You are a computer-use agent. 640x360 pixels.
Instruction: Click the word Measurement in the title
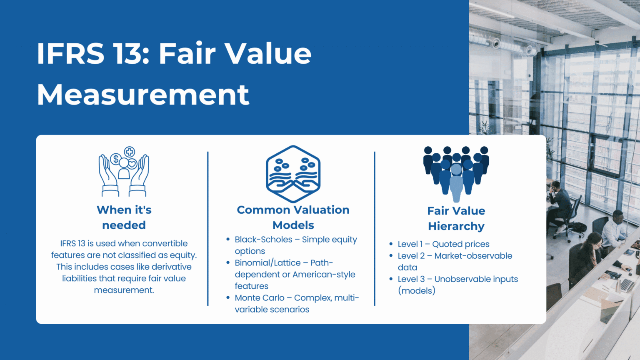pyautogui.click(x=143, y=95)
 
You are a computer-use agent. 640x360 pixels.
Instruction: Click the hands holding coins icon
pyautogui.click(x=124, y=171)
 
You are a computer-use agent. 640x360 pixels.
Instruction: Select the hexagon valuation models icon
pyautogui.click(x=293, y=174)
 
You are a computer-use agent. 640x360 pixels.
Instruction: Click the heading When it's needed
pyautogui.click(x=124, y=217)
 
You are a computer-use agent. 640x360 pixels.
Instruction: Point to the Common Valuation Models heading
pyautogui.click(x=293, y=217)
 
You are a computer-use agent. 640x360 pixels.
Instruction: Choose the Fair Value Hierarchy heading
pyautogui.click(x=456, y=218)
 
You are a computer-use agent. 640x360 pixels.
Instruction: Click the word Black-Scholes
pyautogui.click(x=263, y=240)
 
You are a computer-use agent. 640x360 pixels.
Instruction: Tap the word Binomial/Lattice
pyautogui.click(x=267, y=263)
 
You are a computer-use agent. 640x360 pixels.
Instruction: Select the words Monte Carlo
pyautogui.click(x=259, y=298)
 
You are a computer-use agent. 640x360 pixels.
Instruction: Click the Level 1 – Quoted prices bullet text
pyautogui.click(x=443, y=244)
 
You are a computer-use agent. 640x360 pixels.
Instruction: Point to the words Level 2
pyautogui.click(x=411, y=256)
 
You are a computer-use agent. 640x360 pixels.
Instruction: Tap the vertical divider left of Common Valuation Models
pyautogui.click(x=207, y=229)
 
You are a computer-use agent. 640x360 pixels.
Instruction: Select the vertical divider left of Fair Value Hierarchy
pyautogui.click(x=375, y=229)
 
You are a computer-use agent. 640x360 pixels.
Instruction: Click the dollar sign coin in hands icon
pyautogui.click(x=115, y=159)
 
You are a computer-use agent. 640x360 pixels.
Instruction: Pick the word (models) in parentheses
pyautogui.click(x=416, y=291)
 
